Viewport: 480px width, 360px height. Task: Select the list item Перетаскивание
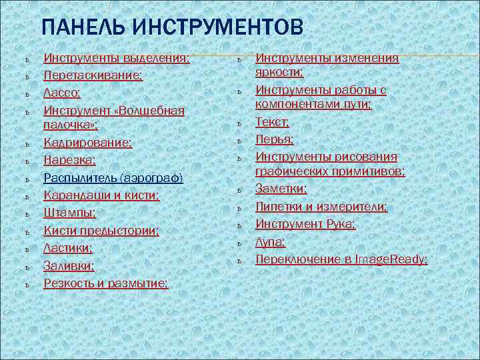coord(93,76)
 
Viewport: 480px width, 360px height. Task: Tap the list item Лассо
coord(62,93)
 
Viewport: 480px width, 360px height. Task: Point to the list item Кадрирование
coord(87,143)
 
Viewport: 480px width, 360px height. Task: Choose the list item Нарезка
coord(69,160)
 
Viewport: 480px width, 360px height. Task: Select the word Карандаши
coord(73,195)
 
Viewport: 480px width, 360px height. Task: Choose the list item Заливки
coord(69,266)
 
